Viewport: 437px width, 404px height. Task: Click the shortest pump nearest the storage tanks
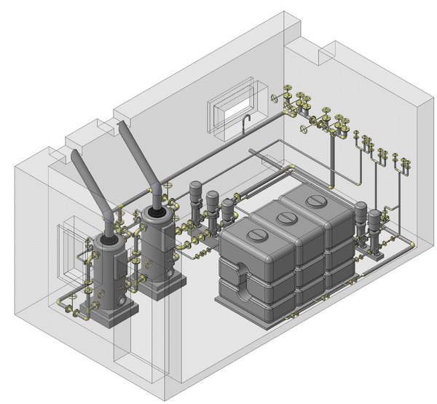[229, 211]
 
